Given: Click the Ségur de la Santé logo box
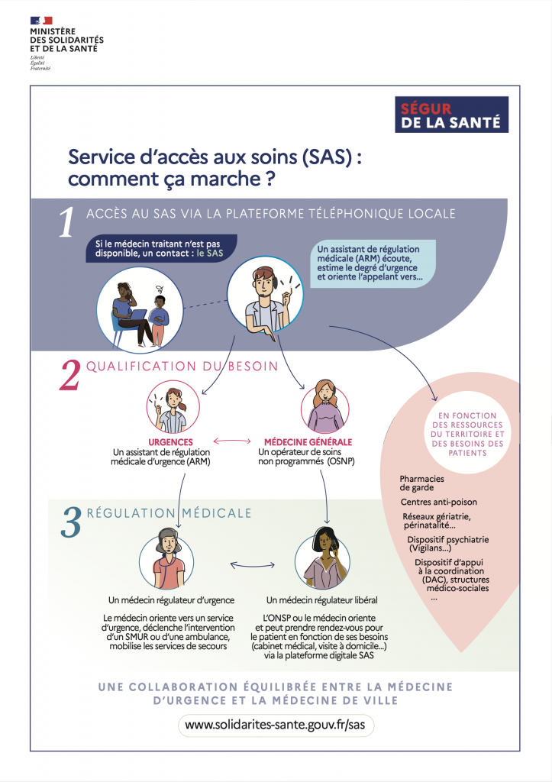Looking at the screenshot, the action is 451,115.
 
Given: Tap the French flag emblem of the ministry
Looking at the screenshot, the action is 41,21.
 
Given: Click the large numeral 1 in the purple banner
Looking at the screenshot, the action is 66,221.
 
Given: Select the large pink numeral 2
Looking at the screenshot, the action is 69,374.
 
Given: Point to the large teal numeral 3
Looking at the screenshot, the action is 71,522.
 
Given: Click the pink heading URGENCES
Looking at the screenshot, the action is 170,442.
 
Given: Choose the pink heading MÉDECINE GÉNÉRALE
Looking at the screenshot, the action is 308,442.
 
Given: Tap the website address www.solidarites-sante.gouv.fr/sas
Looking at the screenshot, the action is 276,725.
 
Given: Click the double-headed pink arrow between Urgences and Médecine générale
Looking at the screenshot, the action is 232,441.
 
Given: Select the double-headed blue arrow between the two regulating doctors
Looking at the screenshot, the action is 252,565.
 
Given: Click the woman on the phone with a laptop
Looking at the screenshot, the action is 130,314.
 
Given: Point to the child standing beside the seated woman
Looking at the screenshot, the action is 159,321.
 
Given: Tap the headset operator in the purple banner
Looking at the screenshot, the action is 264,299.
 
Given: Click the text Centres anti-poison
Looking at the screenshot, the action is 439,502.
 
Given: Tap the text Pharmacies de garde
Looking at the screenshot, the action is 421,483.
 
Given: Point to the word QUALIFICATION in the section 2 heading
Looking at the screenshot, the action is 141,367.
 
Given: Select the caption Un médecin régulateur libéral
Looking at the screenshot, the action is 321,600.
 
